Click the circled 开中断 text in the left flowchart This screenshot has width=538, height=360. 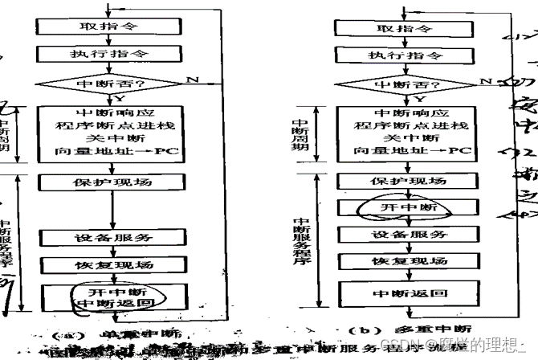109,290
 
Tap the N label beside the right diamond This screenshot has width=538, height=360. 484,81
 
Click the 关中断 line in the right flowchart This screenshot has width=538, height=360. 404,138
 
